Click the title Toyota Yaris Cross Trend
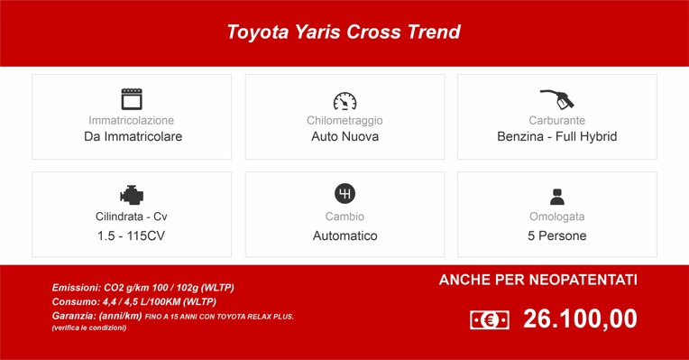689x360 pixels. (x=344, y=32)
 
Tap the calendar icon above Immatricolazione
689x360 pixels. (x=132, y=98)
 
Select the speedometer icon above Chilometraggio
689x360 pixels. (x=344, y=100)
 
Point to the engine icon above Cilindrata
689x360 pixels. (x=132, y=195)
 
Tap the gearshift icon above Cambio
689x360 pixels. (x=344, y=194)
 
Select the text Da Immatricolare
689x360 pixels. (x=132, y=137)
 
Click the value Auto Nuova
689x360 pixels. (x=344, y=137)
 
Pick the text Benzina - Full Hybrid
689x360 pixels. (x=556, y=137)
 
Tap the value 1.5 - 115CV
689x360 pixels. (x=132, y=235)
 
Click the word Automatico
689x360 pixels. (x=344, y=235)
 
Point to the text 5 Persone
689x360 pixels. (x=556, y=235)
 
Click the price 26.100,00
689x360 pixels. (x=580, y=319)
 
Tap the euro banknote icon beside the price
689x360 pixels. (x=490, y=319)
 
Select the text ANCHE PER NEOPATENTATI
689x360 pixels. (x=538, y=281)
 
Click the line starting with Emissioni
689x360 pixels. (x=143, y=287)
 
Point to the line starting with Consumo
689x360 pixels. (x=134, y=301)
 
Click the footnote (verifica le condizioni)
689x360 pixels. (x=89, y=328)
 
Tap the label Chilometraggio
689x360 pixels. (x=344, y=120)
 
